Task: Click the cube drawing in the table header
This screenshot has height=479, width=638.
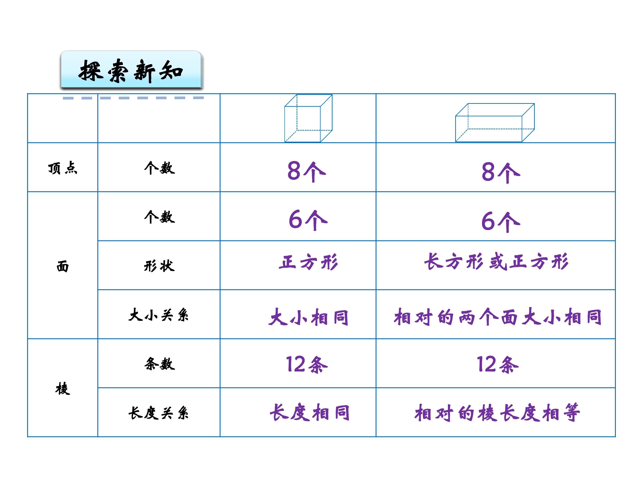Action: click(308, 118)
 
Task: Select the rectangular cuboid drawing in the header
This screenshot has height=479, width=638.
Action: click(495, 122)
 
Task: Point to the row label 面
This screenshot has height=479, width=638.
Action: click(63, 266)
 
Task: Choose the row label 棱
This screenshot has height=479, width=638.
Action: click(63, 388)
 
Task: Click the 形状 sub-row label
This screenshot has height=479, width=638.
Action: click(159, 266)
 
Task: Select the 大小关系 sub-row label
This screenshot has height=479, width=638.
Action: click(159, 315)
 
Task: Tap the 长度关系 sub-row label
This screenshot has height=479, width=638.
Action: click(159, 413)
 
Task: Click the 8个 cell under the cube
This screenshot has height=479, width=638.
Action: click(307, 171)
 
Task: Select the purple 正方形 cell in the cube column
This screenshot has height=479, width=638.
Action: click(308, 262)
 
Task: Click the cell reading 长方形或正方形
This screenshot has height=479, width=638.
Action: click(496, 262)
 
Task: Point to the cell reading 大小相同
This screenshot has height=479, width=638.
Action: click(309, 317)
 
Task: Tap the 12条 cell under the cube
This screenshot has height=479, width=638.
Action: click(307, 364)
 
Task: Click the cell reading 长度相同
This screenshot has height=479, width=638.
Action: click(309, 412)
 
